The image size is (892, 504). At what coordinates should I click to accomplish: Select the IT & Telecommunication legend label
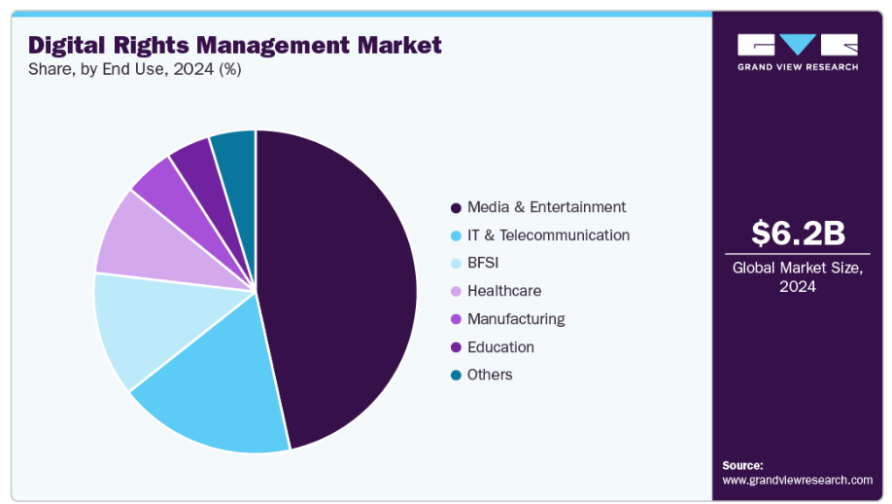click(548, 235)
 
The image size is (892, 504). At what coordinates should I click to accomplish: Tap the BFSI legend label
click(484, 263)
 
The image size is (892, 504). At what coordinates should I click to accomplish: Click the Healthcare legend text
click(504, 291)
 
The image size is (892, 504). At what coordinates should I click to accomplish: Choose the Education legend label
click(500, 347)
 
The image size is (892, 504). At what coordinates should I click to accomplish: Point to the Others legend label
click(490, 375)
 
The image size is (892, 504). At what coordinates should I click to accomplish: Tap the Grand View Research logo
click(798, 52)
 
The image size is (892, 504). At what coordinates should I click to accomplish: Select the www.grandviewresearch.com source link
click(797, 480)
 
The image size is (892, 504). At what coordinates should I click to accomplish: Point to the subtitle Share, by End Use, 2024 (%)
click(135, 70)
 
